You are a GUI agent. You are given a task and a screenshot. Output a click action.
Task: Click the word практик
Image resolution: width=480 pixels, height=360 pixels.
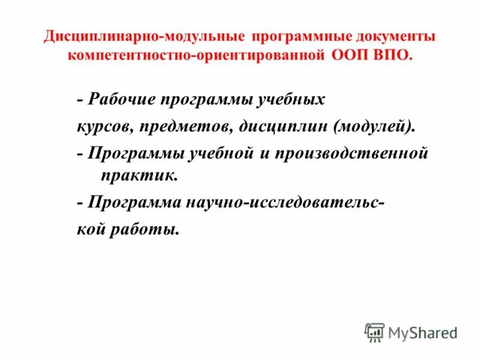(133, 176)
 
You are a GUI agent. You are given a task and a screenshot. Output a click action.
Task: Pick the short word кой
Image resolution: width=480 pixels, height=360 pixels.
(91, 229)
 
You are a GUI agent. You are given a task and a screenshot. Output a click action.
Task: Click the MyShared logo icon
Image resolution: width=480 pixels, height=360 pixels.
(374, 332)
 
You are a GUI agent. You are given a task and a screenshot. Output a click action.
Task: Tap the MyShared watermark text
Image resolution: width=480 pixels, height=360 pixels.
(422, 332)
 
